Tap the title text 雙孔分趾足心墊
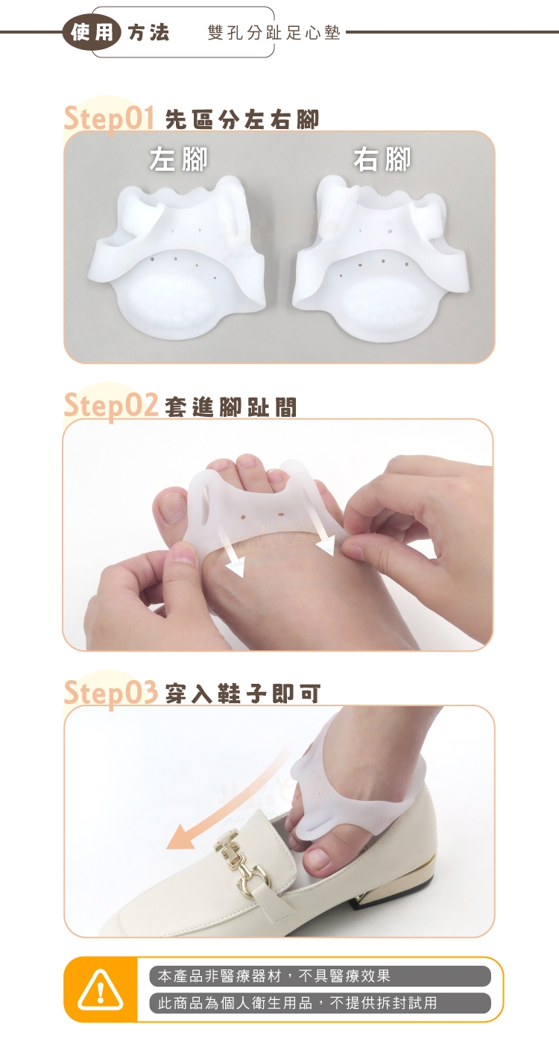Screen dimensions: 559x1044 [274, 33]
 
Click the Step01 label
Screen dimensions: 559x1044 [109, 119]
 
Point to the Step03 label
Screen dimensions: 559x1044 [111, 692]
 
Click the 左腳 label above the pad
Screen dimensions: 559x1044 [178, 160]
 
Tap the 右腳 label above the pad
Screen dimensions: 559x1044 [382, 160]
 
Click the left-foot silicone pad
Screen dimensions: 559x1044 [178, 257]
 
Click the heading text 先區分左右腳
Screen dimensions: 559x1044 [242, 120]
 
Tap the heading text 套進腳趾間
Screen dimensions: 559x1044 [231, 407]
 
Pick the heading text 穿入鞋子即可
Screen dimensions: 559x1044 [243, 694]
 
